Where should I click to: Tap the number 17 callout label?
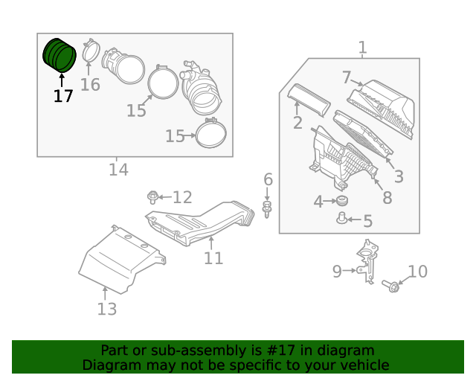pos(63,96)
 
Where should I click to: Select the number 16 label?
pos(90,85)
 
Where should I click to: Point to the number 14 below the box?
pos(118,170)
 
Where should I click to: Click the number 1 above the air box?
pos(362,48)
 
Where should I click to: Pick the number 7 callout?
pos(347,77)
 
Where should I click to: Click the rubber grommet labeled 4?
pos(342,202)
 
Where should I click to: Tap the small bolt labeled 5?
pos(343,219)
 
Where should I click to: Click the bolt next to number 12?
pos(153,197)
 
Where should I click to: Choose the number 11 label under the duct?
pos(213,258)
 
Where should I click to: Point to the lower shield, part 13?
pos(119,260)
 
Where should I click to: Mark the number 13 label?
pos(107,309)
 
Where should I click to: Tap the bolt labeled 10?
pos(393,285)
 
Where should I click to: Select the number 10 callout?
pos(418,272)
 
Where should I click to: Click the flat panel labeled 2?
pos(309,99)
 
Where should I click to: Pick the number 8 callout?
pos(387,198)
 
